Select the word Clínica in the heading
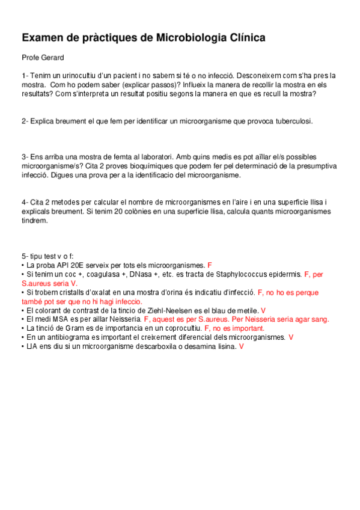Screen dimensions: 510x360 244,38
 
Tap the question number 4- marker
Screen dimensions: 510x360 25,202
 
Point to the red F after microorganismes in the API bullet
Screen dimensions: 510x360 209,265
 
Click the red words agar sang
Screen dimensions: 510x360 316,319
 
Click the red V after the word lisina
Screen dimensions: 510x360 241,346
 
